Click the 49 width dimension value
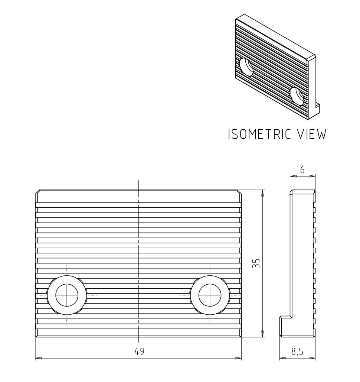(140, 351)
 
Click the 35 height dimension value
(256, 263)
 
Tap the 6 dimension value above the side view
(302, 170)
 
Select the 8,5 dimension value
(297, 352)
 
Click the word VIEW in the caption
(312, 134)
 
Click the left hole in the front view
(67, 295)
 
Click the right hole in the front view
(210, 295)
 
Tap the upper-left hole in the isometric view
(246, 67)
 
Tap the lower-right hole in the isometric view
(297, 96)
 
